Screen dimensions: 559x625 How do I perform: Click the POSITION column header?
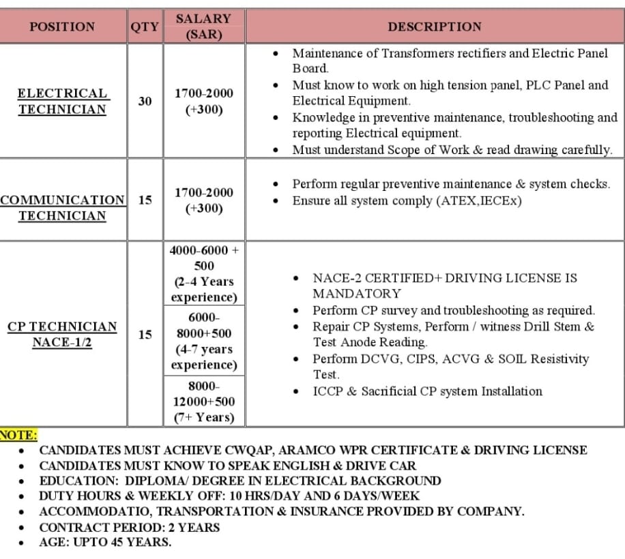click(62, 27)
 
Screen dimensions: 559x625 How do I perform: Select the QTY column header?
click(145, 27)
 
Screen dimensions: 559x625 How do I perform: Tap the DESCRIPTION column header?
click(435, 27)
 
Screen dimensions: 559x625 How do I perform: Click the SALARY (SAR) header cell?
click(204, 27)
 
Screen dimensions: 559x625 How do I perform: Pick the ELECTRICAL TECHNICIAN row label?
click(62, 102)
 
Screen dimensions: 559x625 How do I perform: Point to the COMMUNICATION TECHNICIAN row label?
click(62, 208)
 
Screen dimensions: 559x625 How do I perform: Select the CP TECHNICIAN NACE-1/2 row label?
click(62, 334)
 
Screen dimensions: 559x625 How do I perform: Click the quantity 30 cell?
click(145, 101)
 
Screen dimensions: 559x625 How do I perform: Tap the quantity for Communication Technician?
click(145, 200)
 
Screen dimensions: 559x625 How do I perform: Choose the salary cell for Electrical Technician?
click(204, 101)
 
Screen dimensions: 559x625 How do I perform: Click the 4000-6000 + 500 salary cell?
click(204, 273)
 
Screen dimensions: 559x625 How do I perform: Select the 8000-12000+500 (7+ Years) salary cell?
click(204, 402)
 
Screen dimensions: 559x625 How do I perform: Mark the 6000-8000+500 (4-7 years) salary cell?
click(204, 341)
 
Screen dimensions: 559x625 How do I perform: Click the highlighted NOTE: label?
click(19, 435)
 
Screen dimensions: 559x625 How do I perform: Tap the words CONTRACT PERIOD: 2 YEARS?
click(130, 527)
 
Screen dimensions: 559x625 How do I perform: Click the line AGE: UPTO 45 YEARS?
click(105, 543)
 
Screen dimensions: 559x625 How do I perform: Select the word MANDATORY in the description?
click(357, 294)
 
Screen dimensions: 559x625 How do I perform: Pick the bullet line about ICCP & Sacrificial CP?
click(427, 391)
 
